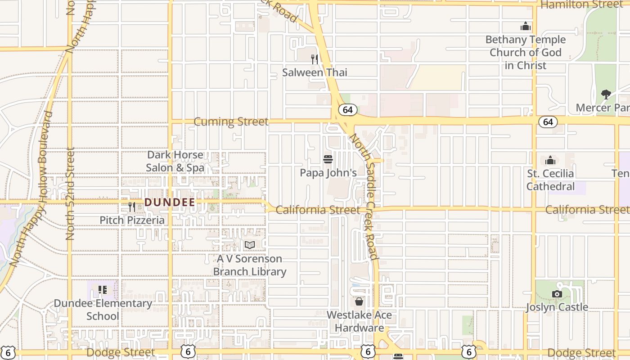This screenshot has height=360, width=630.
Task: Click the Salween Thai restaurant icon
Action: pyautogui.click(x=315, y=59)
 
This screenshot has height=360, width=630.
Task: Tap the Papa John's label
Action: pyautogui.click(x=328, y=173)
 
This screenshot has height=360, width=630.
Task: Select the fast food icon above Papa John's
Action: pyautogui.click(x=328, y=159)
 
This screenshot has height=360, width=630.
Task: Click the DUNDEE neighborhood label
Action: pyautogui.click(x=170, y=202)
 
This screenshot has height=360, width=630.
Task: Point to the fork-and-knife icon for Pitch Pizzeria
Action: pyautogui.click(x=132, y=207)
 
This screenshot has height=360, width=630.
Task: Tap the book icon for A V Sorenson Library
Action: pyautogui.click(x=250, y=245)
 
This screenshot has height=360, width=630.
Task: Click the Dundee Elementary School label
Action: pyautogui.click(x=103, y=310)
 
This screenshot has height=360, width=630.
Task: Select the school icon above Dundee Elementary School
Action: pyautogui.click(x=103, y=290)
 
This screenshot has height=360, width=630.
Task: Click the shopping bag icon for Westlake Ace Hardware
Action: pyautogui.click(x=359, y=301)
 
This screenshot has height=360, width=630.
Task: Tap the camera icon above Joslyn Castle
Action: pyautogui.click(x=557, y=294)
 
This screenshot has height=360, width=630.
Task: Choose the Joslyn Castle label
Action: pyautogui.click(x=557, y=307)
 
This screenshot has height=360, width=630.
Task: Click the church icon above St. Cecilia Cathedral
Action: pyautogui.click(x=550, y=160)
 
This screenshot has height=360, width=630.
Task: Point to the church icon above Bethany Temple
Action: pyautogui.click(x=525, y=27)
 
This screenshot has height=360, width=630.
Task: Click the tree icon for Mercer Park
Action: pyautogui.click(x=606, y=94)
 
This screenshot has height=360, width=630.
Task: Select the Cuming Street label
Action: pyautogui.click(x=231, y=122)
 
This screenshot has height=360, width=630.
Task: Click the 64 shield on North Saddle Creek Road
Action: pyautogui.click(x=347, y=110)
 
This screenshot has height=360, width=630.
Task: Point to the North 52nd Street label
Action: pyautogui.click(x=70, y=193)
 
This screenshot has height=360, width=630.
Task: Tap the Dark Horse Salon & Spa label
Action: pyautogui.click(x=175, y=162)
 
